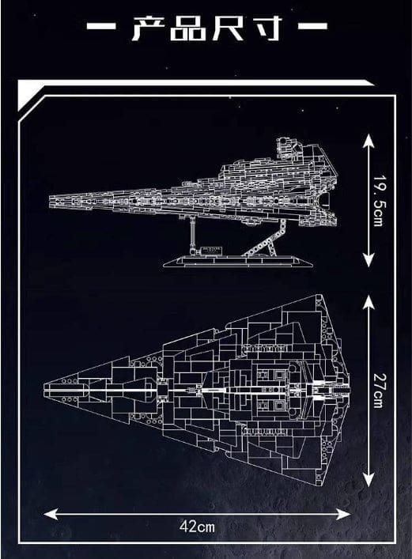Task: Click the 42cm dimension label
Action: tap(197, 527)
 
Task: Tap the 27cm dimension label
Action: tap(378, 391)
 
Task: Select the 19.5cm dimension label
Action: tap(378, 201)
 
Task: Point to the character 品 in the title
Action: tap(188, 28)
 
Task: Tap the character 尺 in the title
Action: tap(229, 28)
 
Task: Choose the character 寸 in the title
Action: tap(266, 28)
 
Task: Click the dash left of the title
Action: tap(101, 26)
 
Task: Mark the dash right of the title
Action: tap(312, 25)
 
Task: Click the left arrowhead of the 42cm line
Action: tap(50, 514)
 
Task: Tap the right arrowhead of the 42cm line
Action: tap(343, 514)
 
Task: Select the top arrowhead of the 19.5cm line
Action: tap(369, 142)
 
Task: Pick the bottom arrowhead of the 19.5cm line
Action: tap(369, 259)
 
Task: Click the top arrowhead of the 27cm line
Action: tap(369, 303)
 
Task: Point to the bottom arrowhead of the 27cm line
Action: tap(369, 480)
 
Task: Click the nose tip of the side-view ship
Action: tap(50, 201)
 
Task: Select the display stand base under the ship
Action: tap(239, 262)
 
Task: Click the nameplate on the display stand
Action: tap(211, 250)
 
